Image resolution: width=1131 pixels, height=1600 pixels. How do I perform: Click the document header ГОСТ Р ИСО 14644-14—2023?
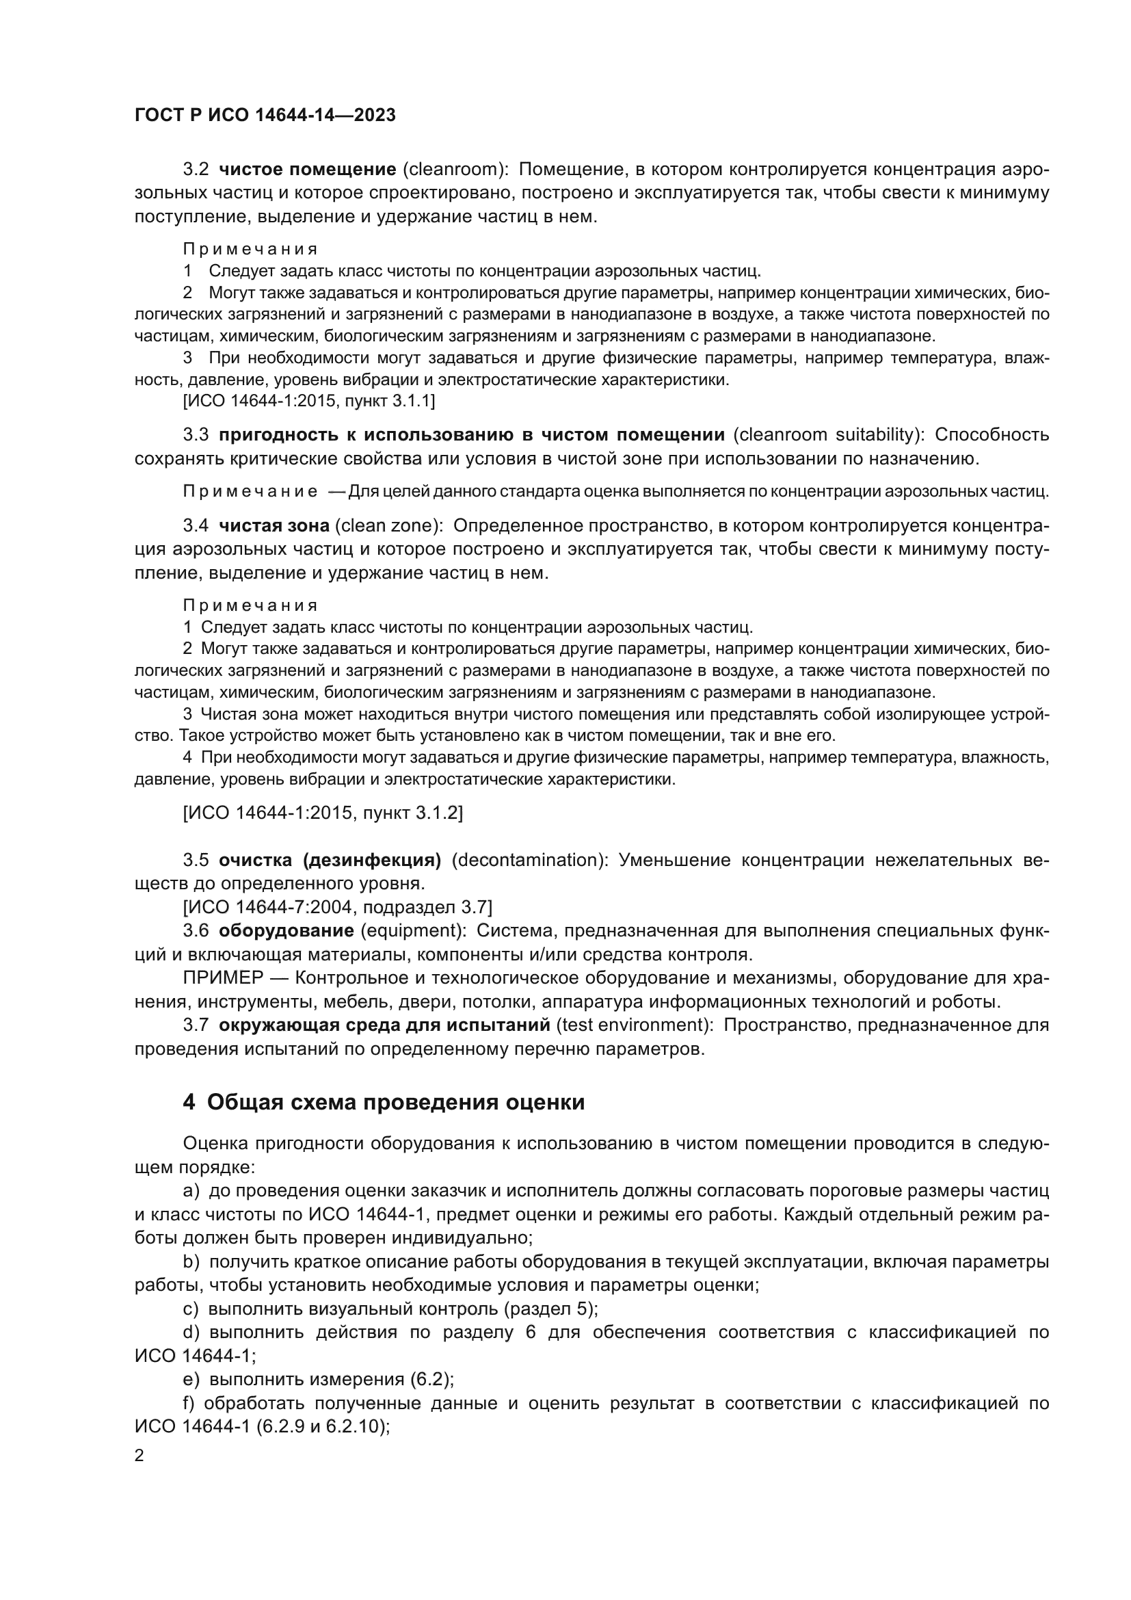(x=265, y=115)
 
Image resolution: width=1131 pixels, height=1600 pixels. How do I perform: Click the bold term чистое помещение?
(x=307, y=170)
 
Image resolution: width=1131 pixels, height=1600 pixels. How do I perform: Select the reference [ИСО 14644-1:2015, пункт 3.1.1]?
(x=308, y=401)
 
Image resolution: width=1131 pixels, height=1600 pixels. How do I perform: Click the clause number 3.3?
(x=196, y=435)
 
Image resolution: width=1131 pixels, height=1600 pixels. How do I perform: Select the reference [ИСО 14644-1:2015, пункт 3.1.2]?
(x=323, y=813)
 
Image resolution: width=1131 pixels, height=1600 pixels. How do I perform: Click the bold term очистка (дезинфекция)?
(x=330, y=860)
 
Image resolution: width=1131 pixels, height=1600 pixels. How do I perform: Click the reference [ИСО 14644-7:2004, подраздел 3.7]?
(x=337, y=906)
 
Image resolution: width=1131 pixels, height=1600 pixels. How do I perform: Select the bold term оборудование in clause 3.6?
(x=287, y=930)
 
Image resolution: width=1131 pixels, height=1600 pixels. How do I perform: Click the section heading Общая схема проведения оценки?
(x=395, y=1102)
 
